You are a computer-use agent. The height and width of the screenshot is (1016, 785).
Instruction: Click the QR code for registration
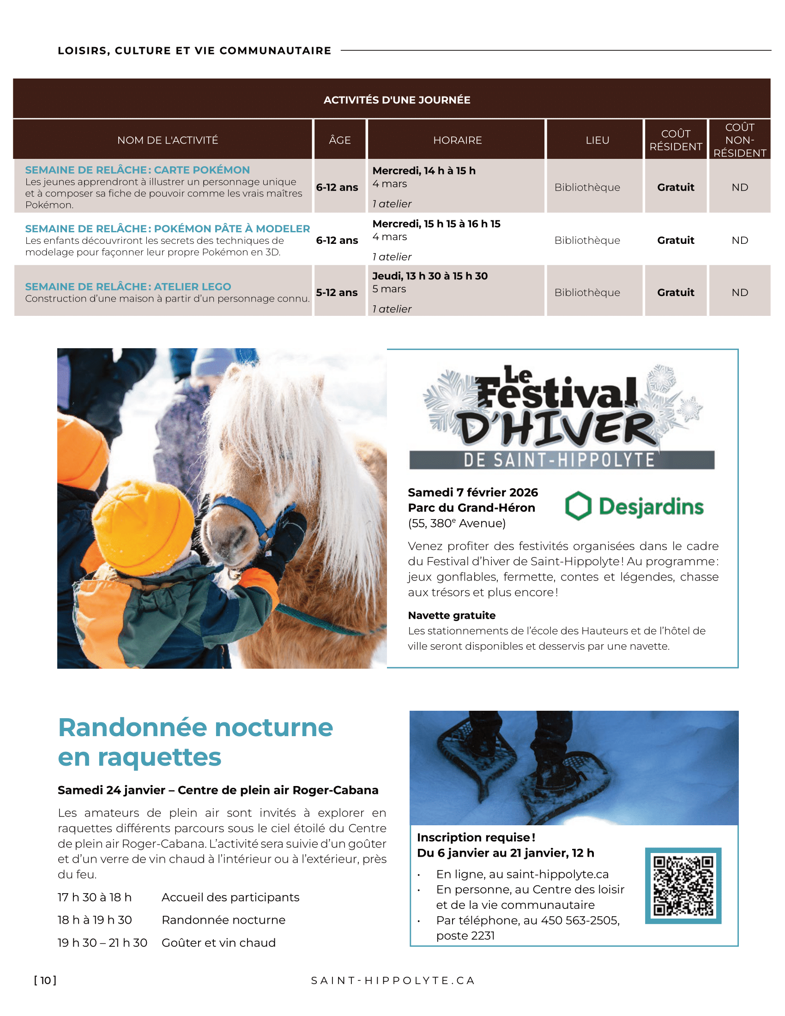pos(682,885)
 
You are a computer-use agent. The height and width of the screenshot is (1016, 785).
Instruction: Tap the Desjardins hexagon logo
pos(578,506)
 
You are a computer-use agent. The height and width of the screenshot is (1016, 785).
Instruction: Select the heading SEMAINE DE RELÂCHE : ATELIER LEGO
pos(128,287)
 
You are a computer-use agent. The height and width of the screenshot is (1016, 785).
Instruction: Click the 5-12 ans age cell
pos(337,293)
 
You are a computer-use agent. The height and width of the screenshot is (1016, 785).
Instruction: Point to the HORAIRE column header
pos(457,140)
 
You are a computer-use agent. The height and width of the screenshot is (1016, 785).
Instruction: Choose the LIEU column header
pos(597,140)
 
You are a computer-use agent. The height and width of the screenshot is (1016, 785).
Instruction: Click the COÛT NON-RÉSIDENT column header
pos(739,140)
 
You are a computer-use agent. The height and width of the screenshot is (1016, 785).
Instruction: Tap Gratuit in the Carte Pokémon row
pos(675,187)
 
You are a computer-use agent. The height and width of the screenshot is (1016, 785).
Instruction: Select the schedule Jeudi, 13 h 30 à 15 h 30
pos(430,276)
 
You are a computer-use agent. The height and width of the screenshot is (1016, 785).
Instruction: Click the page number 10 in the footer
pos(45,980)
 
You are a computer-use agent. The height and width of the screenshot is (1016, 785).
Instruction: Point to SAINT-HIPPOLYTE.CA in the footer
pos(393,980)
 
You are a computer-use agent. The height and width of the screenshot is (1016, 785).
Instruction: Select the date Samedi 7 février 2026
pos(472,492)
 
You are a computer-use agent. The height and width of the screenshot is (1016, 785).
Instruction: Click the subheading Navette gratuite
pos(452,616)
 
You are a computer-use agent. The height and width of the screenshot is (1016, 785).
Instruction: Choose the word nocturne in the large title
pos(273,727)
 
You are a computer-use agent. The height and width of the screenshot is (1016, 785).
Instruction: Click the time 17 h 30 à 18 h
pos(94,897)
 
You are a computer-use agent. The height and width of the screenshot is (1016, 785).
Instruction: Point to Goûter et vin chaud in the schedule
pos(218,943)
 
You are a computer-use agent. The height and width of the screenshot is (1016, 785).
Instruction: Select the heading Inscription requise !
pos(476,837)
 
